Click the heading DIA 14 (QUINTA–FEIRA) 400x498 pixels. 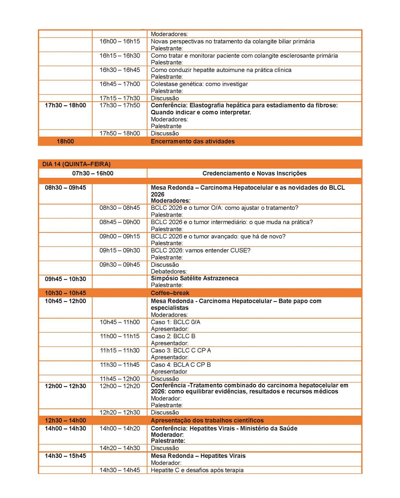point(76,164)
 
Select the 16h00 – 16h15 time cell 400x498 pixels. point(119,41)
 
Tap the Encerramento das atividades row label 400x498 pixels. point(192,141)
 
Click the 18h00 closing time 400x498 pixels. point(65,141)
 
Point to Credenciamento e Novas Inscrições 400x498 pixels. point(254,173)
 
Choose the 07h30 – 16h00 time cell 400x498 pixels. point(93,173)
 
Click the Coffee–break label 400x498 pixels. point(170,293)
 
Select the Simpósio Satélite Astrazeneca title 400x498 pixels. point(194,278)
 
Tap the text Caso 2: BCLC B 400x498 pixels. point(173,336)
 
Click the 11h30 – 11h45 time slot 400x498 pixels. point(119,365)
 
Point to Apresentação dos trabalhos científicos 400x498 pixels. point(207,420)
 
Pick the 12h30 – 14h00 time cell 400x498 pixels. point(65,420)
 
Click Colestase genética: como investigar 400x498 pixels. point(199,84)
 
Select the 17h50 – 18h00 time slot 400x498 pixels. point(119,133)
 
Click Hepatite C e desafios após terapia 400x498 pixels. point(197,470)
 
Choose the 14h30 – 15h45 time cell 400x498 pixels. point(65,456)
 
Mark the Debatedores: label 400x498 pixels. point(169,271)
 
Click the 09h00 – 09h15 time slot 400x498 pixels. point(119,236)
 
